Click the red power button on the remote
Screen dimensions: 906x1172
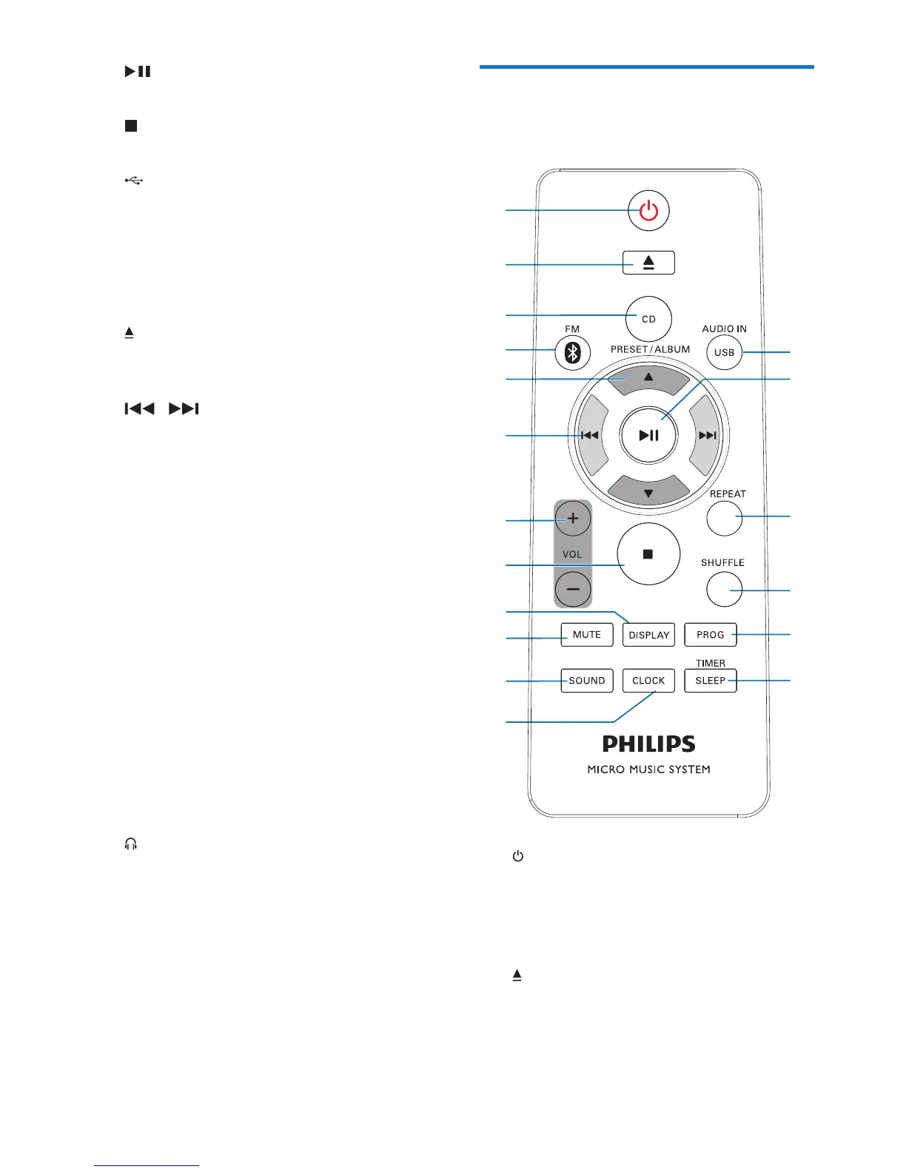click(648, 211)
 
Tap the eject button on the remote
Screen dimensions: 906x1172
click(648, 263)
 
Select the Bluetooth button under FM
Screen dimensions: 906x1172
click(572, 353)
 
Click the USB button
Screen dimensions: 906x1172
click(724, 352)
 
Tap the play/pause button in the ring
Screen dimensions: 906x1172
click(648, 435)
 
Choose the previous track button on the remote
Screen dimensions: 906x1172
click(590, 435)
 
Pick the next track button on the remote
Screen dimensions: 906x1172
click(708, 435)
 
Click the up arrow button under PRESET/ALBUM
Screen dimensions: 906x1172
click(648, 377)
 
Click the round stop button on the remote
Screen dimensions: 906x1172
click(648, 554)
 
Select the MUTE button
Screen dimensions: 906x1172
click(587, 635)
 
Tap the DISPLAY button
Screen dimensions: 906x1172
click(648, 635)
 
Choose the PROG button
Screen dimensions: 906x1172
click(711, 635)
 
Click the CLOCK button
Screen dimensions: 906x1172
click(648, 681)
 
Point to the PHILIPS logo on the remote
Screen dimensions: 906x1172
click(648, 744)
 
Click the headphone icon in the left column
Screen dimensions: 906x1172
click(131, 844)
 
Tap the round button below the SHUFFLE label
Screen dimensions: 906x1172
click(724, 590)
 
